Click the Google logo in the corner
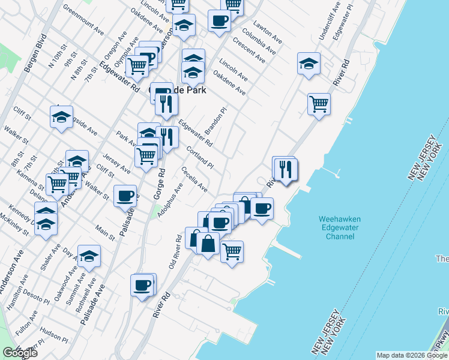coord(20,353)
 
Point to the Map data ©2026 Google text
coord(412,355)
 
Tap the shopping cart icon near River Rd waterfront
coord(319,104)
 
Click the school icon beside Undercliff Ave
coord(309,64)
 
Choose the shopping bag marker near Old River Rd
coord(208,245)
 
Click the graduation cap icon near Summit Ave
coord(89,256)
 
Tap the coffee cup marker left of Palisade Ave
coord(125,196)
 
